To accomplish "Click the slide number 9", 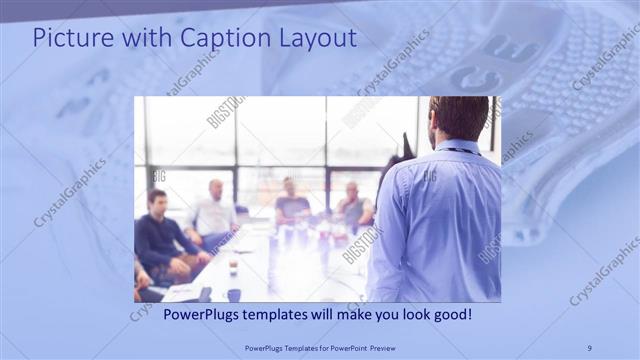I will (x=589, y=348).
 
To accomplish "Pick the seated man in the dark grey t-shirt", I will (x=291, y=204).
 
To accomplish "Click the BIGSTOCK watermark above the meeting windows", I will (x=226, y=111).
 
